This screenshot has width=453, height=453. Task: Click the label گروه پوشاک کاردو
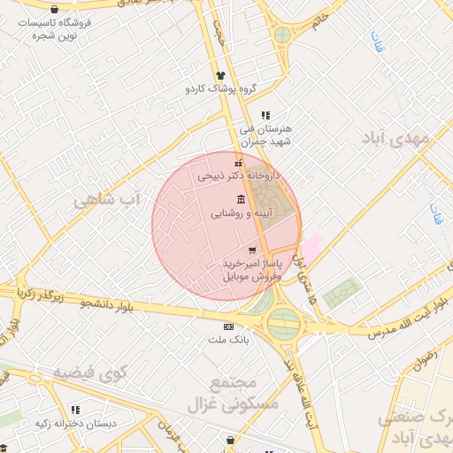coord(220,88)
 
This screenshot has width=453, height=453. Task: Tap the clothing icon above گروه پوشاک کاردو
coord(220,75)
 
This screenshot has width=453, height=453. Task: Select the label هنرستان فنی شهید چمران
coord(271,134)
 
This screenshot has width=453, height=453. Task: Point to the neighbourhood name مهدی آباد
coord(395,139)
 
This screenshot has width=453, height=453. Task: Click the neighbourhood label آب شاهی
coord(107,198)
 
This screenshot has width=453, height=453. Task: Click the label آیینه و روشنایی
coord(242,213)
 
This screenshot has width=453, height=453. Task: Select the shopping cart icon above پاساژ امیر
coord(252,250)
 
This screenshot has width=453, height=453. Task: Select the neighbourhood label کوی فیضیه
coord(90,372)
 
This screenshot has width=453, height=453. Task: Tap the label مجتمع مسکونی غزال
coord(233,394)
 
